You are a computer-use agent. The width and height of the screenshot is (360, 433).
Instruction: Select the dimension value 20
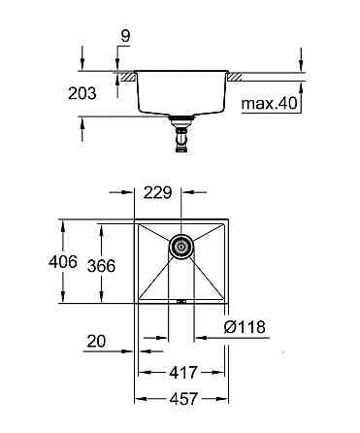click(95, 340)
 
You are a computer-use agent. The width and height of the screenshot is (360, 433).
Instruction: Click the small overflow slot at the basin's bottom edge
click(180, 301)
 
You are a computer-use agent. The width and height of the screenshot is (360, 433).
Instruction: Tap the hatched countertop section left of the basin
click(124, 74)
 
